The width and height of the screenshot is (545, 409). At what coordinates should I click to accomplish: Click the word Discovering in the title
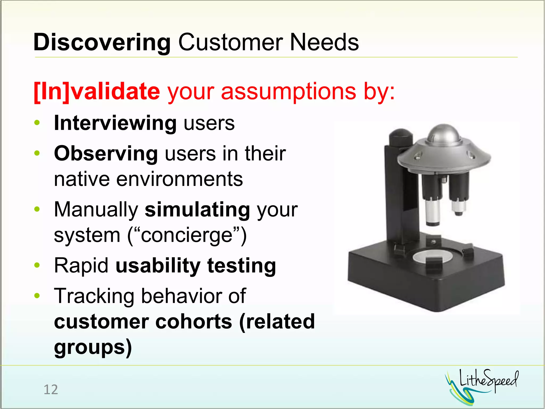[102, 43]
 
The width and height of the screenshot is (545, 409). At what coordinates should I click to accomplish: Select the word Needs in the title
[324, 43]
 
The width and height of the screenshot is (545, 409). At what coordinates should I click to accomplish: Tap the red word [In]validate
[97, 91]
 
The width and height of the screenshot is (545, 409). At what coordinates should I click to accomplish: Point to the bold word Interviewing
[115, 123]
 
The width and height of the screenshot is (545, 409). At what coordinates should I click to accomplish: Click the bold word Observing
[106, 154]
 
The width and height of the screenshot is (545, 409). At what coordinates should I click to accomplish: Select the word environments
[179, 179]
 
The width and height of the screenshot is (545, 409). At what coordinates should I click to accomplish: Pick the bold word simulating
[197, 210]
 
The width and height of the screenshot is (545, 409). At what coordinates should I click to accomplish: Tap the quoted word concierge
[187, 235]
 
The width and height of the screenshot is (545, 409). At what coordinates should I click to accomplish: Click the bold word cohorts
[194, 321]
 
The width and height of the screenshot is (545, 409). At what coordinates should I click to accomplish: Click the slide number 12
[51, 390]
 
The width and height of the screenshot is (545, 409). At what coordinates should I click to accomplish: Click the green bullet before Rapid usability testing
[37, 265]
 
